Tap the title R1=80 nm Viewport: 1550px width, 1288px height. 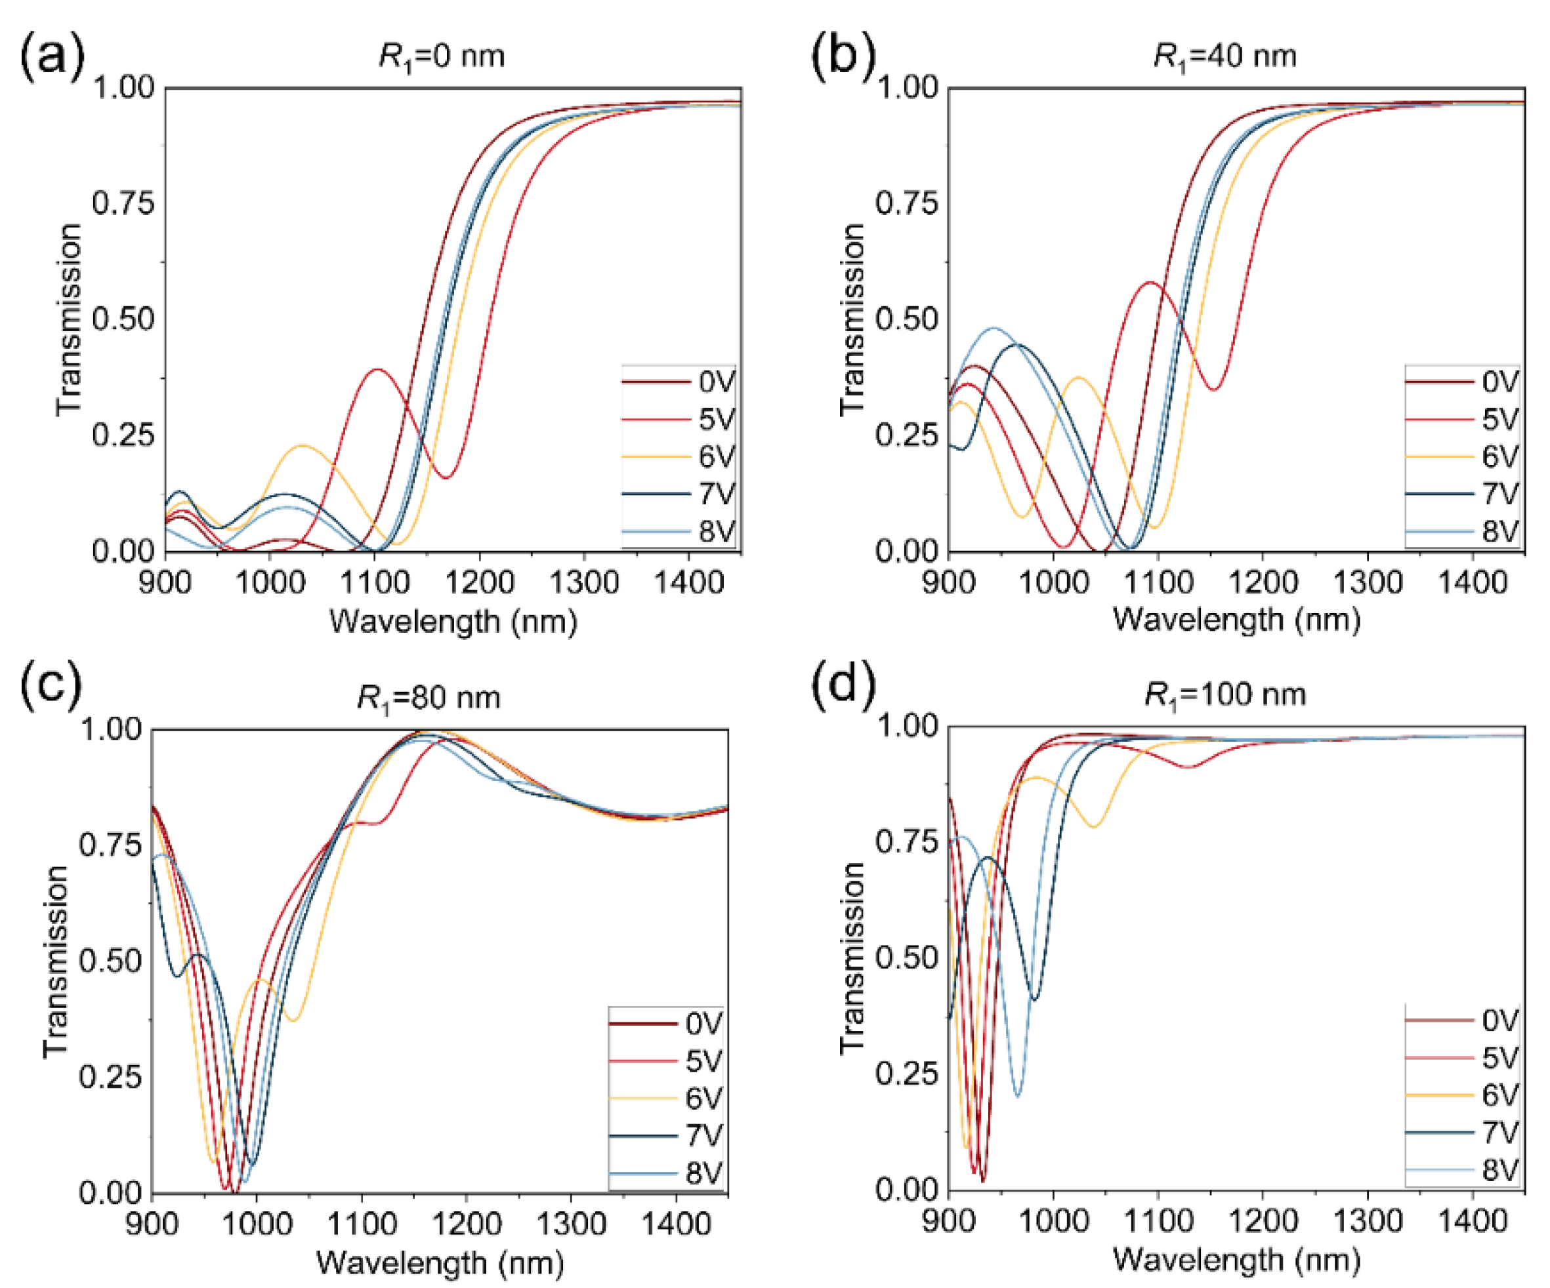click(x=428, y=697)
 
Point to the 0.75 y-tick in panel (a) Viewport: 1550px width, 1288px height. click(x=123, y=203)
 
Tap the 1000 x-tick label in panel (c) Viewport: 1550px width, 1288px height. click(x=257, y=1224)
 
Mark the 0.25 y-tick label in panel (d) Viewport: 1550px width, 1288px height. click(x=906, y=1074)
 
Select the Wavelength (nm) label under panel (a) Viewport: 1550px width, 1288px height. click(x=452, y=621)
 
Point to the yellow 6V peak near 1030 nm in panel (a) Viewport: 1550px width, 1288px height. click(x=303, y=445)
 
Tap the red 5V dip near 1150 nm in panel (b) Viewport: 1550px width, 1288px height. click(x=1214, y=389)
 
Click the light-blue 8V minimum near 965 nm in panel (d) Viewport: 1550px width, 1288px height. click(x=1018, y=1097)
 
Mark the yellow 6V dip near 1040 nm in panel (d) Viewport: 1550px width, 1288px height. click(x=1094, y=826)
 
